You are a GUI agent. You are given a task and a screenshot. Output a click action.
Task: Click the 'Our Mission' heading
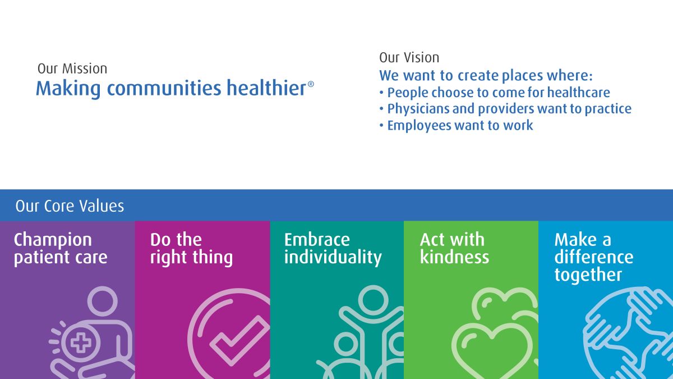pos(72,69)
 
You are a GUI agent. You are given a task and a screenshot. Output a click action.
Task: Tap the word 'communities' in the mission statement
pos(164,88)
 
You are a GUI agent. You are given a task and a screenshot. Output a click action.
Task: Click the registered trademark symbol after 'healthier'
pos(311,84)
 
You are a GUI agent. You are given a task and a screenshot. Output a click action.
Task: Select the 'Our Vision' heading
pos(409,57)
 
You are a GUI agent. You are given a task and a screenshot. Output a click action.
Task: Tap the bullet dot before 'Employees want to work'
pos(381,125)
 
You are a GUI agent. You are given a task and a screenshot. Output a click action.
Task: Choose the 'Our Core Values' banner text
pos(70,206)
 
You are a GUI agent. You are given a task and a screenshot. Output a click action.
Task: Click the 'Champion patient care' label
pos(61,248)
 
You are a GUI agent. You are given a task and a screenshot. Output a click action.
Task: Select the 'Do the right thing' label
pos(191,248)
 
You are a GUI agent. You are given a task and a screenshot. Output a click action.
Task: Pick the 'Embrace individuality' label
pos(333,248)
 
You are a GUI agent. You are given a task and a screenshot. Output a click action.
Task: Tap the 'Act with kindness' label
pos(455,248)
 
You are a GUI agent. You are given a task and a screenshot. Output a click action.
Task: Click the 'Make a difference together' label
pos(594,257)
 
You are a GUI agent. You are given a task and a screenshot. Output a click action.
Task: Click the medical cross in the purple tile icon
pos(81,343)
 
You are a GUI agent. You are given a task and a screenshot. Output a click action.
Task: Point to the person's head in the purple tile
pos(103,301)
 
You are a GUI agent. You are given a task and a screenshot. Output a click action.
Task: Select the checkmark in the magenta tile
pos(240,340)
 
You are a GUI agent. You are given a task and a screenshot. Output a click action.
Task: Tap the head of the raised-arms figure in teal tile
pos(373,300)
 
